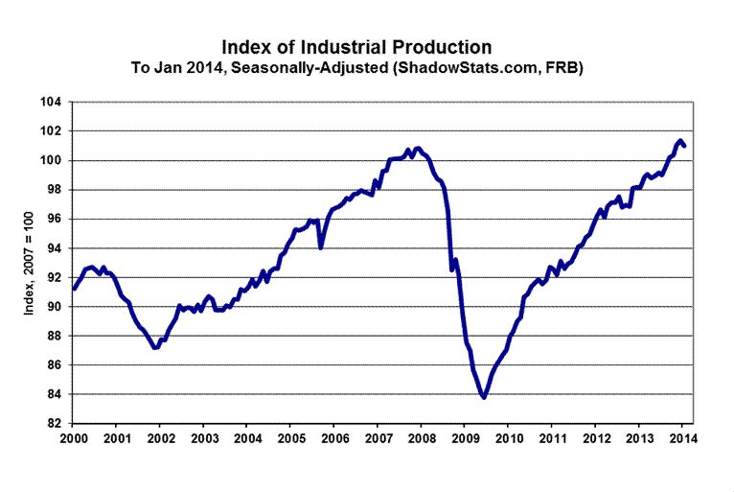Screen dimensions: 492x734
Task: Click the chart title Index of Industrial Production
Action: pyautogui.click(x=356, y=46)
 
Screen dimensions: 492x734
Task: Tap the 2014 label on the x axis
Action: pyautogui.click(x=681, y=439)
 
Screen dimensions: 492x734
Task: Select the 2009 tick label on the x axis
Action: pyautogui.click(x=464, y=439)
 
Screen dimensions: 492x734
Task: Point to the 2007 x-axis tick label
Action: pyautogui.click(x=378, y=439)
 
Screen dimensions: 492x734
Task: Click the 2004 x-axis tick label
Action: pyautogui.click(x=247, y=439)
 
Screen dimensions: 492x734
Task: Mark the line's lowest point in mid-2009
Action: pyautogui.click(x=485, y=397)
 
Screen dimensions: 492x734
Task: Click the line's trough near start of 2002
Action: pyautogui.click(x=155, y=348)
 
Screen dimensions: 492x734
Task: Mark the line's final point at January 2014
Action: pyautogui.click(x=684, y=146)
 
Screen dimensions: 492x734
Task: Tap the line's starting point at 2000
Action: pyautogui.click(x=74, y=288)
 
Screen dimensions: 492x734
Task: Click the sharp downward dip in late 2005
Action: pyautogui.click(x=321, y=247)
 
